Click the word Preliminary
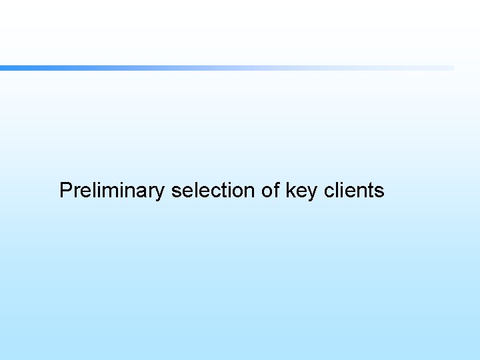tap(111, 191)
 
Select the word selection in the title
tap(213, 191)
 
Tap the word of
tap(271, 191)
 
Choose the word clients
tap(354, 191)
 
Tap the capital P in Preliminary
tap(65, 191)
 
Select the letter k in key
tap(290, 191)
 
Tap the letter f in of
tap(277, 191)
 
